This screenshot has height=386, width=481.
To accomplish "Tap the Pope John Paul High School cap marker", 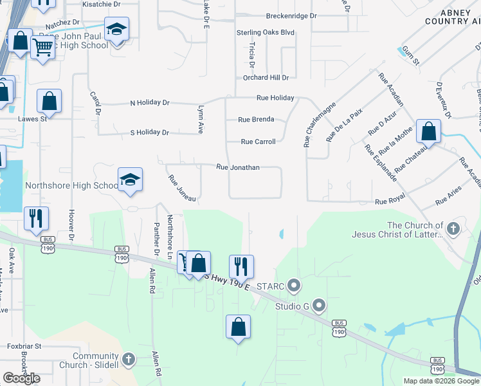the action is (116, 30).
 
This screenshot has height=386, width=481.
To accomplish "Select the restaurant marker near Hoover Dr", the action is (35, 218).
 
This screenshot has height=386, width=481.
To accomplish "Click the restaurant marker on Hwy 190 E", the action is (241, 266).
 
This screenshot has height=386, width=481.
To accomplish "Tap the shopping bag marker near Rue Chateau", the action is (428, 131).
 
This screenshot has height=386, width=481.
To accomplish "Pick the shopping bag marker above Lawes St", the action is (49, 101).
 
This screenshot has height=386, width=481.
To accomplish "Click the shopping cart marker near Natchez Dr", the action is (43, 47).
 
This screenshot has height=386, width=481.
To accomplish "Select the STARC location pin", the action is (294, 284).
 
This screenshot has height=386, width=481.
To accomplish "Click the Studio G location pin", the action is (319, 306).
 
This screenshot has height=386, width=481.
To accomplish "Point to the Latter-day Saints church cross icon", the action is (454, 229).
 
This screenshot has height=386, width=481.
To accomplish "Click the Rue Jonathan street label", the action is (238, 167).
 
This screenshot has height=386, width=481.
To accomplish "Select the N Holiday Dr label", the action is (149, 102).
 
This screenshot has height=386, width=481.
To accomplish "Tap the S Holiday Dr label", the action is (149, 133).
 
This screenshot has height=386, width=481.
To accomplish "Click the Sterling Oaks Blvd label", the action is (266, 32).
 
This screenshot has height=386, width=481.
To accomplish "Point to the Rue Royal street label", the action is (390, 201).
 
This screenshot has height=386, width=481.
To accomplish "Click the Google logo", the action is (21, 378).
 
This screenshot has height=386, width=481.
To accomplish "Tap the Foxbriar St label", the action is (24, 346).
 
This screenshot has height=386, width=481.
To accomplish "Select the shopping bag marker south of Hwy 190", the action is (238, 326).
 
